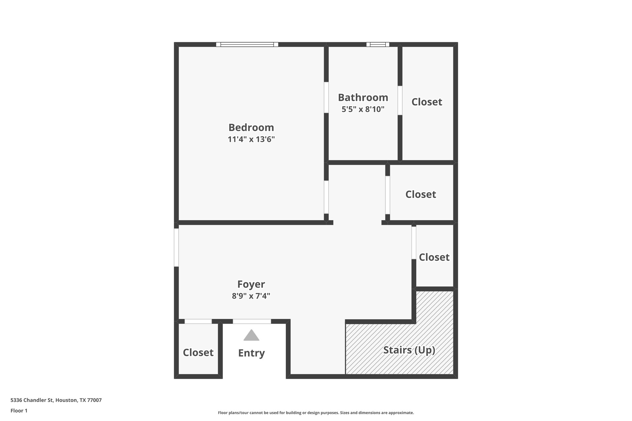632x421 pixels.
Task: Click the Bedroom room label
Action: [251, 127]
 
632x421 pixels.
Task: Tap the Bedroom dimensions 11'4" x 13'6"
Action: [251, 139]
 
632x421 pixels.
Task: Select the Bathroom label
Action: [363, 97]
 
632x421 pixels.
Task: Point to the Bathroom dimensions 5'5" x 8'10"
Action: [363, 109]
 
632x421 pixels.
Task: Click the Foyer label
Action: [251, 284]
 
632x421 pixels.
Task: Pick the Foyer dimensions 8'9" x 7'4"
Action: [251, 296]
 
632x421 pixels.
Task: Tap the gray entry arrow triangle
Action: [251, 336]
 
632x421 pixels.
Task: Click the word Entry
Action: [251, 353]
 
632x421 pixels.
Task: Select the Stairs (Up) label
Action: [409, 350]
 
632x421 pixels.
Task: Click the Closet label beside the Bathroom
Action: [426, 102]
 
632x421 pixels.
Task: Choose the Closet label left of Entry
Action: [198, 353]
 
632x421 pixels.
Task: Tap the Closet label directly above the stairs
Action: [434, 257]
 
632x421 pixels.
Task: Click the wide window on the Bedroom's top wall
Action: [247, 44]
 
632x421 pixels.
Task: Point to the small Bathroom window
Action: [378, 44]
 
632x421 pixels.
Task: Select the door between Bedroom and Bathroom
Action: [326, 97]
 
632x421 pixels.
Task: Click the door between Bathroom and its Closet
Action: [400, 100]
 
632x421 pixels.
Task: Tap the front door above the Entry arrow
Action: [252, 321]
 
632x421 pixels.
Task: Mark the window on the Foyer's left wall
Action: [176, 247]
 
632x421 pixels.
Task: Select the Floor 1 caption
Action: [19, 411]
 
